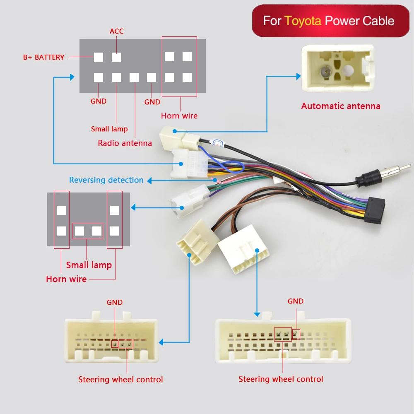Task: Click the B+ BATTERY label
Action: (x=43, y=58)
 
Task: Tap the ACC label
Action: (x=116, y=31)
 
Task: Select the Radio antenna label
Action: (x=125, y=143)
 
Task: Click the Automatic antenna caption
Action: (x=340, y=106)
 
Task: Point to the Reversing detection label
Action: (x=106, y=180)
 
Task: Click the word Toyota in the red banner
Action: (x=303, y=21)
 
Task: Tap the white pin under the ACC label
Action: (x=116, y=57)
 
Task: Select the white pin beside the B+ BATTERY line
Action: (x=99, y=57)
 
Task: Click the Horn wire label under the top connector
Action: (x=179, y=116)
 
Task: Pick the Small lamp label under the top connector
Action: (x=109, y=129)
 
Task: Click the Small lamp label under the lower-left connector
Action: (x=89, y=265)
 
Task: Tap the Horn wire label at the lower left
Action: (x=66, y=279)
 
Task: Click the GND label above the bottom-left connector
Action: (x=115, y=303)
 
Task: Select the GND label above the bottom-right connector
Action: (x=296, y=301)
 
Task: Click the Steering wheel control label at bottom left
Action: (x=120, y=380)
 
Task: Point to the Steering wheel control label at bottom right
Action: (x=281, y=379)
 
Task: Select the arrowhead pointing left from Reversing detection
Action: (x=150, y=181)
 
